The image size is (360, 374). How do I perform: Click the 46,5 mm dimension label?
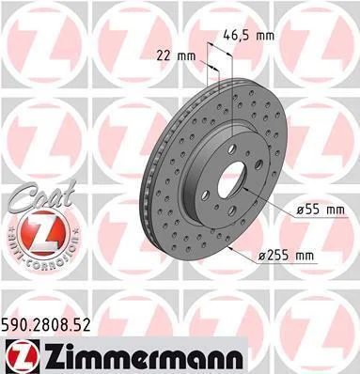[x=248, y=36]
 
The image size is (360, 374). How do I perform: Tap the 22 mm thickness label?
[x=176, y=56]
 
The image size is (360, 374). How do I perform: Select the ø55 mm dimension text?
[x=321, y=210]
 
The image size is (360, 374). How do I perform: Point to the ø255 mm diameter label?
[x=286, y=256]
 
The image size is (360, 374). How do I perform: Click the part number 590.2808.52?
[x=46, y=325]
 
